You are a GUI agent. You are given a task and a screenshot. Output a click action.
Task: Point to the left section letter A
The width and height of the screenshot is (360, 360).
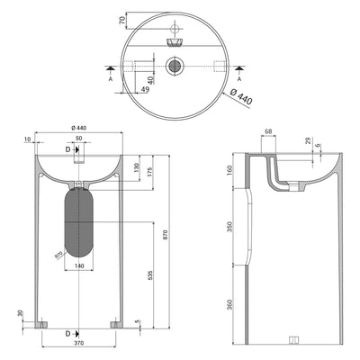click(110, 78)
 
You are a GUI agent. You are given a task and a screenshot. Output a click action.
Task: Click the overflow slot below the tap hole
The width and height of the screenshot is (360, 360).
click(174, 40)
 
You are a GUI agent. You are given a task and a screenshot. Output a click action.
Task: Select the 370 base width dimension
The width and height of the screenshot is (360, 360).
click(79, 344)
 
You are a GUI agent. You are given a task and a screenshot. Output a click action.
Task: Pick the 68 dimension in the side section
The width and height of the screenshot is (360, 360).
click(269, 133)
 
